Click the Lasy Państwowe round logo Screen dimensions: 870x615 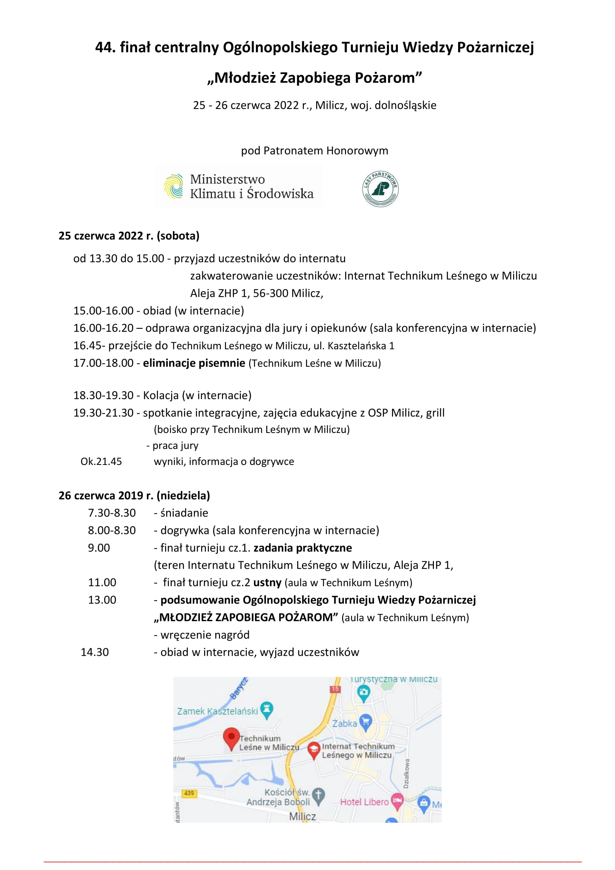[x=380, y=189]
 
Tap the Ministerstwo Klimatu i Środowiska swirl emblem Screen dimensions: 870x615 [x=173, y=186]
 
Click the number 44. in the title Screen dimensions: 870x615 [x=105, y=48]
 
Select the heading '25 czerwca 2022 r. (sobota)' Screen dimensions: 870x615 [x=129, y=236]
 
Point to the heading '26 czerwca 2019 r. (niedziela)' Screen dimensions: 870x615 [x=134, y=495]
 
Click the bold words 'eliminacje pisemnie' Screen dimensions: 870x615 [x=194, y=363]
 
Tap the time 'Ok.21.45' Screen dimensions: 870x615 [x=101, y=462]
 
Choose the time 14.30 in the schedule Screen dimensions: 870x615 [x=95, y=652]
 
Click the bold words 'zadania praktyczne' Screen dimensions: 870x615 [x=303, y=548]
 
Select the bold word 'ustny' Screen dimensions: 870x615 [x=267, y=582]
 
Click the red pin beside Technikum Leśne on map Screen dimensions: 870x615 [x=231, y=737]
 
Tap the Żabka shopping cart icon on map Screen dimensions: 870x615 [x=366, y=722]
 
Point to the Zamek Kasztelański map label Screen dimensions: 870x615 [x=218, y=711]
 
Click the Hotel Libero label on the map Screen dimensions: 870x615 [x=364, y=802]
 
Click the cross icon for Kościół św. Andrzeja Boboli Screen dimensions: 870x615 [x=319, y=796]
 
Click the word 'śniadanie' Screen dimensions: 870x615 [x=184, y=513]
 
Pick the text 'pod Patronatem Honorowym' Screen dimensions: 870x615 [x=314, y=151]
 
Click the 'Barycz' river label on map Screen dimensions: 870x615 [x=239, y=688]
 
